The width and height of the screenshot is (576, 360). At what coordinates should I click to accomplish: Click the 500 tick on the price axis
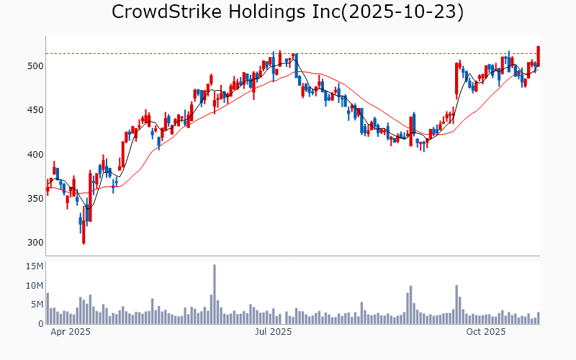35,66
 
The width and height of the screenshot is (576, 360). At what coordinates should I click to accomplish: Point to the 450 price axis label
35,110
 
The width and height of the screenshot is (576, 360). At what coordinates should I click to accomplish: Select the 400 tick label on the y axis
35,154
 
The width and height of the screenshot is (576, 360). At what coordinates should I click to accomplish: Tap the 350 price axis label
35,198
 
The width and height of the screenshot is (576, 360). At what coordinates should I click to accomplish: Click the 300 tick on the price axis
35,243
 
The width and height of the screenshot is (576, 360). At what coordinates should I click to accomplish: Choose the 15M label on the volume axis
33,266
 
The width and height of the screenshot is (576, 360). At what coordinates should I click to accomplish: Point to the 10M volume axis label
33,286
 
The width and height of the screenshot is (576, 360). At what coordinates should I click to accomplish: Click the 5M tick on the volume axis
36,305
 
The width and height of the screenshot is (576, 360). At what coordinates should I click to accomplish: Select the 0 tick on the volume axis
40,324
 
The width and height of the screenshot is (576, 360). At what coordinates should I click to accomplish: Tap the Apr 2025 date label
70,333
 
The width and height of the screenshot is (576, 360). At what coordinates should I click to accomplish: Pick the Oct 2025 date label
485,333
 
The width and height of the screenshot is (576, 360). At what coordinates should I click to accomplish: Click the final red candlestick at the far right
538,56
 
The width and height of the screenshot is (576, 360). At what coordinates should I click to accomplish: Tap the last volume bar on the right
538,318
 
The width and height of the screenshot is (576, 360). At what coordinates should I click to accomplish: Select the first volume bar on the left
48,308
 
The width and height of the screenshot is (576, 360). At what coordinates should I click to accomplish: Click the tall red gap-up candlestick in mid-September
456,80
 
